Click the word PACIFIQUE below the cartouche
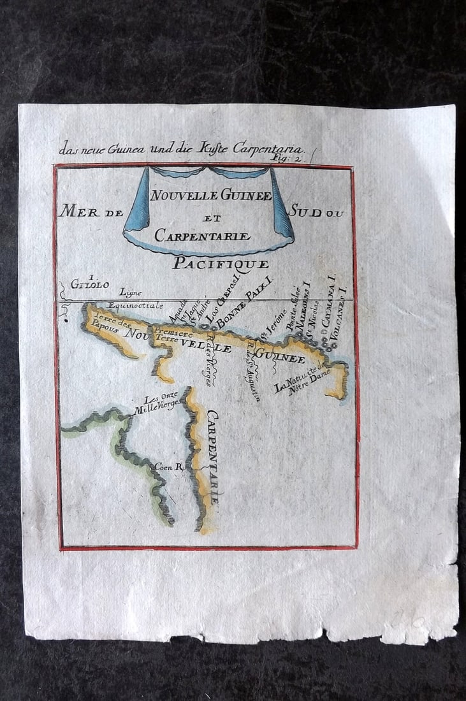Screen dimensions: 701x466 [x=221, y=263]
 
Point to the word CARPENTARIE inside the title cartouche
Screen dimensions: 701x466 [x=202, y=236]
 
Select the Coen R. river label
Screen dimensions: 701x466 [x=168, y=466]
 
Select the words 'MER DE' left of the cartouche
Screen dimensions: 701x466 [x=91, y=211]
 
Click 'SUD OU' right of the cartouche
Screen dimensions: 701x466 [x=317, y=211]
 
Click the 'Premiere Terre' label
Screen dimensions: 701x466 [x=168, y=335]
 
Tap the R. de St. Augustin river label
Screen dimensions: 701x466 [x=254, y=374]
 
